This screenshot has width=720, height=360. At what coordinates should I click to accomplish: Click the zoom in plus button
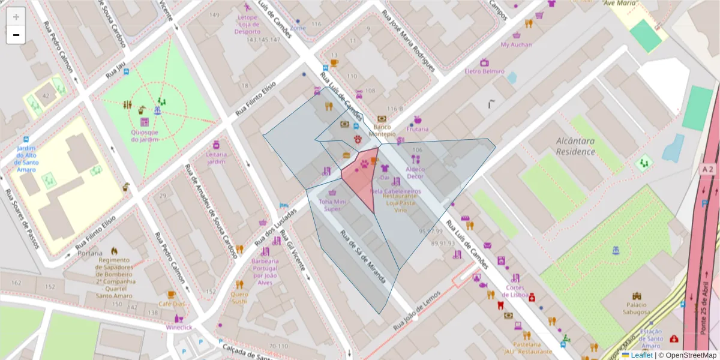coord(16,16)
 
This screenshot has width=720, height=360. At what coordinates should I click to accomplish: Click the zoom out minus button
coord(16,35)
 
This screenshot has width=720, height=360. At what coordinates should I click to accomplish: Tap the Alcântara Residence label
coord(575,146)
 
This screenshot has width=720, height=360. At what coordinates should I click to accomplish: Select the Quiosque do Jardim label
coord(145,136)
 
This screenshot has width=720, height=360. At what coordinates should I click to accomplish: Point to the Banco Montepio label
coord(382,131)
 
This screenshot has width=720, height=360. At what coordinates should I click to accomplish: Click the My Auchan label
coord(516,44)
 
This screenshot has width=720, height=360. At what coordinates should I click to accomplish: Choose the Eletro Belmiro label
coord(484,71)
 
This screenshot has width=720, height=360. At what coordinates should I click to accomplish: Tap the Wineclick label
coord(179,328)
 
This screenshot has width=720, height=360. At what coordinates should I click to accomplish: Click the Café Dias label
coord(172,304)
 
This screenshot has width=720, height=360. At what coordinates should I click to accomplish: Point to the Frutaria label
coord(418,129)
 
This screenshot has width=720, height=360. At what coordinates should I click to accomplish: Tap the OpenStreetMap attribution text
coord(687,355)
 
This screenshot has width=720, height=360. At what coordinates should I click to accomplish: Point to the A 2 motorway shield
coord(708,170)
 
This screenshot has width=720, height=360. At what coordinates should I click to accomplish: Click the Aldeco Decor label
coord(415,173)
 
